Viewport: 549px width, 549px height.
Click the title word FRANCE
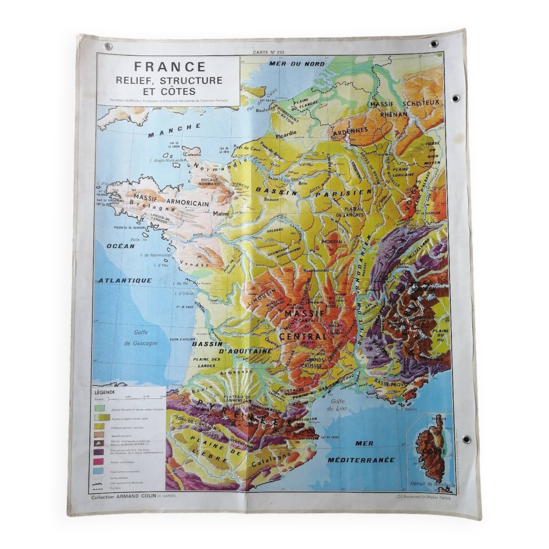pos(170,67)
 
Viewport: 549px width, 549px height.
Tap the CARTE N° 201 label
pos(265,52)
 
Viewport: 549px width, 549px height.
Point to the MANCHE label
pos(174,130)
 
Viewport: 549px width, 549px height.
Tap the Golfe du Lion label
pos(337,405)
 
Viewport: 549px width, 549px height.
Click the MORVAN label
pos(332,242)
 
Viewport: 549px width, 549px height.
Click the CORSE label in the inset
pos(431,451)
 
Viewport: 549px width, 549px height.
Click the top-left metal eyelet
pos(108,46)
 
